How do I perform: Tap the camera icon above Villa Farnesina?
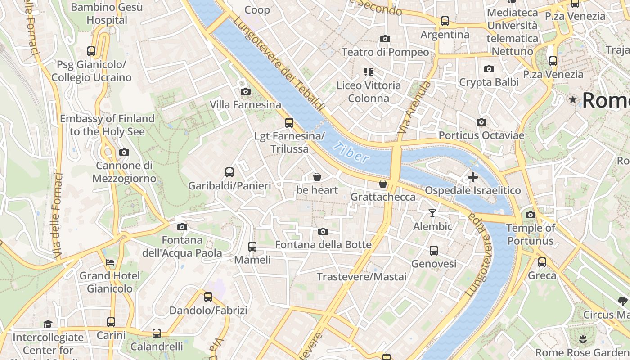[x=245, y=91]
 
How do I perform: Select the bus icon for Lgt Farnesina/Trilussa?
[x=289, y=122]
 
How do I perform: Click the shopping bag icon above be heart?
[x=317, y=177]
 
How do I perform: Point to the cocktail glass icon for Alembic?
[x=432, y=213]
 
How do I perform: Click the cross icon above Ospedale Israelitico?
[x=472, y=177]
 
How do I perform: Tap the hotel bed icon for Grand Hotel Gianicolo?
[x=110, y=262]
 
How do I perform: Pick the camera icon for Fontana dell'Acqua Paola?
[x=182, y=227]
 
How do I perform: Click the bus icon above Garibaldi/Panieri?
[x=229, y=172]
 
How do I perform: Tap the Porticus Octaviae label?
[x=481, y=135]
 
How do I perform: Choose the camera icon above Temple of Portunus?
[x=531, y=215]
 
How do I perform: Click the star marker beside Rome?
[x=572, y=99]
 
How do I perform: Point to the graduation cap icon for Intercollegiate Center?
[x=48, y=324]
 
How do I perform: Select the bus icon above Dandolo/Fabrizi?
[x=208, y=297]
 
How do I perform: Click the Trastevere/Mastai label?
[x=361, y=276]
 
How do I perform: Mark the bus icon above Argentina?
[x=445, y=21]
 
